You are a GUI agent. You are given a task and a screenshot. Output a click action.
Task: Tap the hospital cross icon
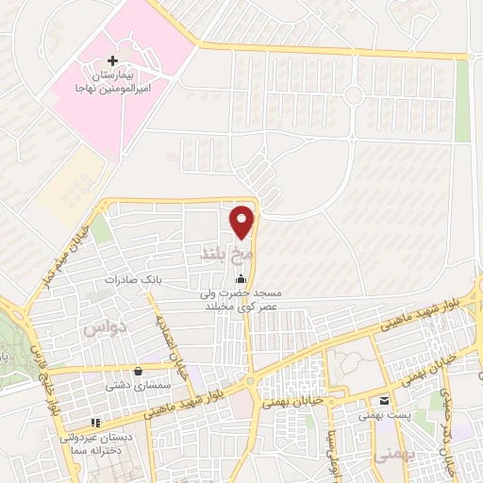coord(113,60)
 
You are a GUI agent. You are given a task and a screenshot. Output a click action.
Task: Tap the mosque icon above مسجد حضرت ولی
coord(241,278)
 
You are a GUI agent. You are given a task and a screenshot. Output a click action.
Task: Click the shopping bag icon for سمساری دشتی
coord(140,371)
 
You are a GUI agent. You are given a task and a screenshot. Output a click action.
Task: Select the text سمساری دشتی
coord(140,385)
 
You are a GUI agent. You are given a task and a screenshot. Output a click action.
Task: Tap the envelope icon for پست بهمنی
coord(384,397)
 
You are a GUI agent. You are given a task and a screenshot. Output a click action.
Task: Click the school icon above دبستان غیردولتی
coord(93,422)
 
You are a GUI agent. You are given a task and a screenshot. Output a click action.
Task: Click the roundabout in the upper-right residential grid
coord(353,93)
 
